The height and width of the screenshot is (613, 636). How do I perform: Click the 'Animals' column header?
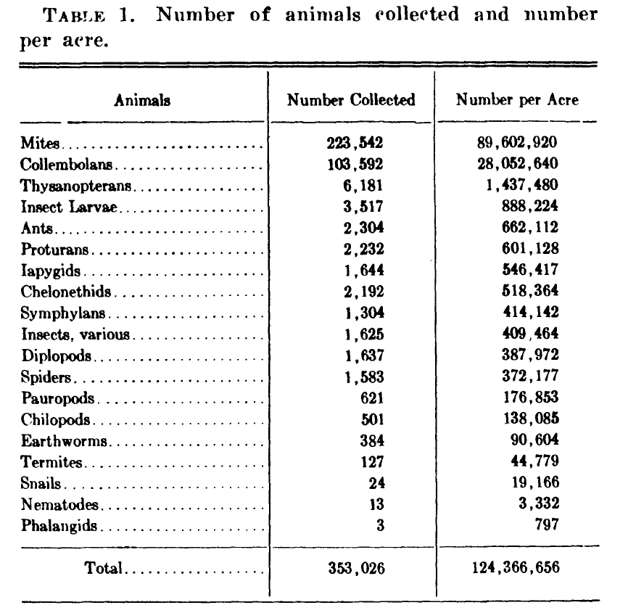click(x=142, y=101)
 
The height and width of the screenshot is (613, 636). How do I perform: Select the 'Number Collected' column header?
click(x=351, y=100)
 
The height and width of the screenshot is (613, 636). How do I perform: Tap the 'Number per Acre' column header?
click(x=517, y=100)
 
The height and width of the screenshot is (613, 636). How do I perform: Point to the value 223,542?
click(x=354, y=143)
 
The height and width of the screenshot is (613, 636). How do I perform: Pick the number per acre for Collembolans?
click(x=517, y=164)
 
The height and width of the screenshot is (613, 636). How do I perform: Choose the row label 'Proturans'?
click(x=54, y=249)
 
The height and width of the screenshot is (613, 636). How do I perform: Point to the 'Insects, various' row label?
click(x=75, y=334)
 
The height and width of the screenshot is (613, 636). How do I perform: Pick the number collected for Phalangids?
click(x=379, y=526)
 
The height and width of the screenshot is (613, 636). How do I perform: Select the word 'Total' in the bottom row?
click(x=103, y=569)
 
